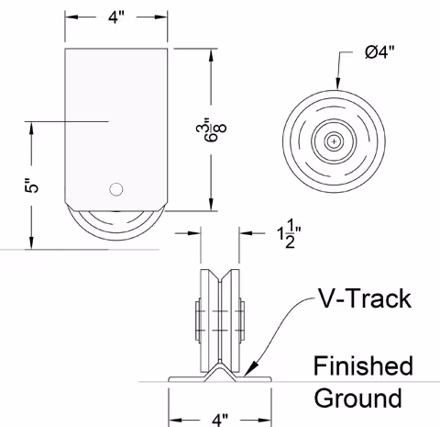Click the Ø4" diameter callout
coord(386,54)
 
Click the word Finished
coord(363,366)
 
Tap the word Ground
coord(357,398)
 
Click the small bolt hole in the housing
coord(115,189)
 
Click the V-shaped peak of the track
coord(220,366)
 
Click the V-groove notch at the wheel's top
coord(220,275)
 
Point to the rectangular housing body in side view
coord(117,110)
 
